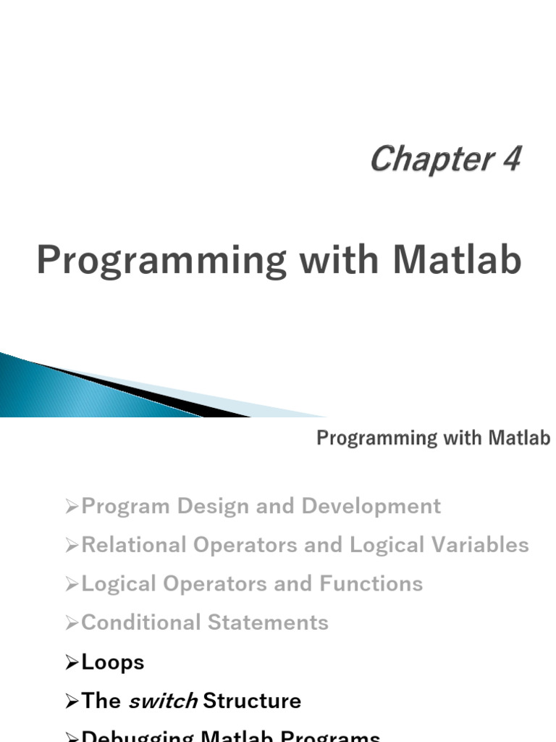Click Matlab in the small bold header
[x=519, y=438]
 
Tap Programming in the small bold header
[x=377, y=438]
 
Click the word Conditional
[x=140, y=622]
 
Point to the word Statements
[x=267, y=622]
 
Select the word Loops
[x=113, y=662]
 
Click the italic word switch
[x=163, y=701]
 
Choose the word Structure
[x=252, y=701]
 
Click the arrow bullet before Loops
[x=72, y=662]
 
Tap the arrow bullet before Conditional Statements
[x=72, y=623]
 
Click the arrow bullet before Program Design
[x=72, y=507]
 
